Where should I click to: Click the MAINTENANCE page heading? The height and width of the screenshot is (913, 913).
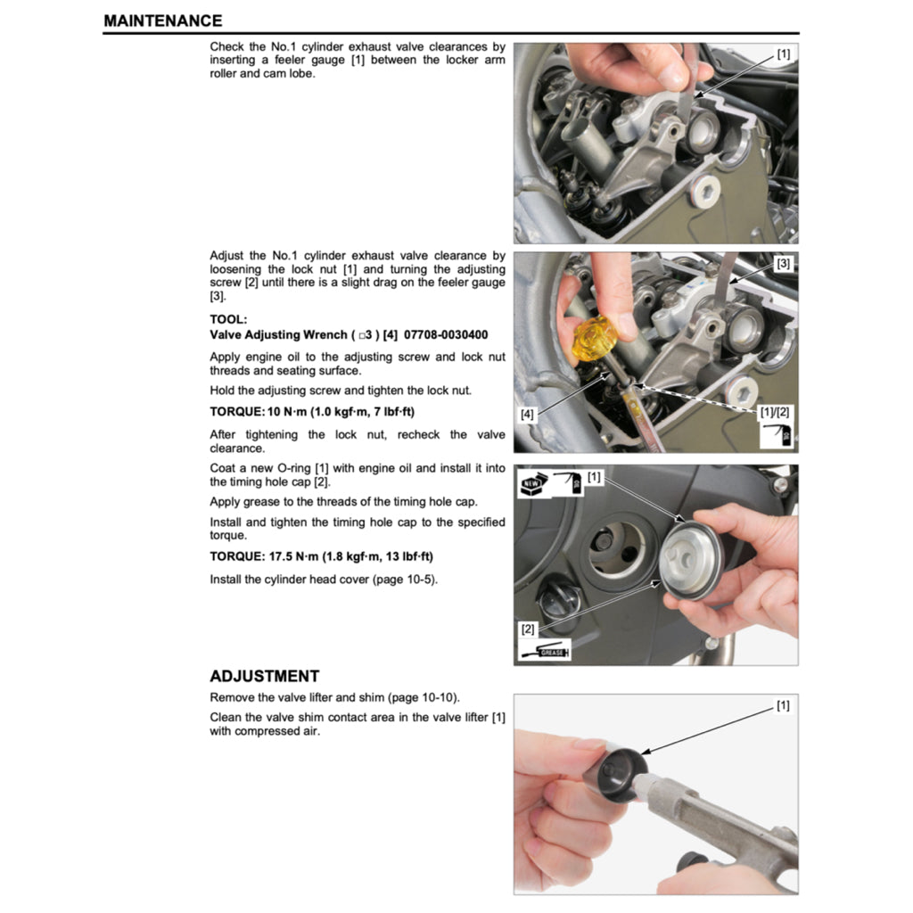coord(162,21)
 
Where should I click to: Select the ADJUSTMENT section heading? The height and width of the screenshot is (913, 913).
coord(264,677)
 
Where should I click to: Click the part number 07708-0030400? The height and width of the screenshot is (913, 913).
coord(446,335)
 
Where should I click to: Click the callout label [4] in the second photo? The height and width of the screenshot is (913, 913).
coord(529,415)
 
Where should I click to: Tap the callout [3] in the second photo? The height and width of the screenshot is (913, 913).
coord(783,264)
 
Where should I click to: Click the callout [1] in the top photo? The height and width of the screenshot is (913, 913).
coord(783,54)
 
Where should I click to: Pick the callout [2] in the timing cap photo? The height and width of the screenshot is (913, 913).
coord(529,629)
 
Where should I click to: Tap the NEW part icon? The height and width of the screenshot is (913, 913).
coord(534,483)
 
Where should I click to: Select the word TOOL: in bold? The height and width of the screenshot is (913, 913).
coord(228,318)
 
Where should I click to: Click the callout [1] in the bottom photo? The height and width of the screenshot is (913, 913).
coord(783,706)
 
